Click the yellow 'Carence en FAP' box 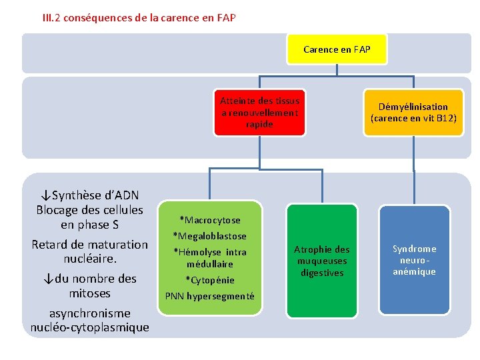(337, 49)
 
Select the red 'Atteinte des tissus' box (260, 113)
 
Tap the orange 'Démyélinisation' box (413, 113)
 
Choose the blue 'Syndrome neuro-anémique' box (414, 260)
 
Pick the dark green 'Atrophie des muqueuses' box (321, 260)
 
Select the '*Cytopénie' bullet (210, 280)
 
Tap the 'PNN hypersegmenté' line (210, 296)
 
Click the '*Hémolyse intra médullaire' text (210, 258)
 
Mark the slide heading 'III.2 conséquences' (139, 18)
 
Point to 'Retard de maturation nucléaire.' (90, 251)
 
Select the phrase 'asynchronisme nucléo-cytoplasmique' (90, 320)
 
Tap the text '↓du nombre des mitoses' (90, 286)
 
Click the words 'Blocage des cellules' (90, 210)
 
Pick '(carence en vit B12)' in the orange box (413, 119)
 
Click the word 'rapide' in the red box (260, 125)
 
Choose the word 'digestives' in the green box (321, 273)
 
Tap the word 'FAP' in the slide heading (226, 18)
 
